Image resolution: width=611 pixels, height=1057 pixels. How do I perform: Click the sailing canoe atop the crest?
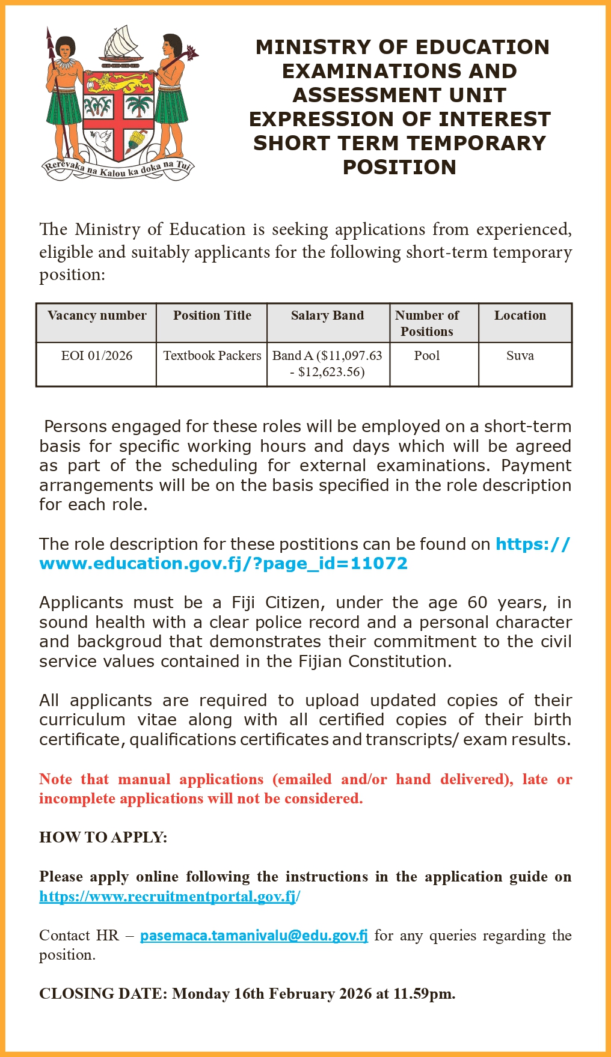pyautogui.click(x=122, y=45)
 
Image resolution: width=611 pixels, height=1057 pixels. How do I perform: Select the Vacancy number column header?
pyautogui.click(x=97, y=315)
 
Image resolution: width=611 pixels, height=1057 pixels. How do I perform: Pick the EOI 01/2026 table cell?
pyautogui.click(x=97, y=356)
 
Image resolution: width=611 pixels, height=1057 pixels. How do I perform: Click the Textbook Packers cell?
pyautogui.click(x=212, y=356)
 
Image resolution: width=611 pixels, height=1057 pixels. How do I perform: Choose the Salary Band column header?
pyautogui.click(x=327, y=315)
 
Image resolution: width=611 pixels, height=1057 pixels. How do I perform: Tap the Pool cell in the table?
pyautogui.click(x=427, y=356)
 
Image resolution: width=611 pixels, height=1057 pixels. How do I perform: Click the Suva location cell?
pyautogui.click(x=520, y=356)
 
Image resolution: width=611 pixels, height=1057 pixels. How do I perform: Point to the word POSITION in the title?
pyautogui.click(x=399, y=167)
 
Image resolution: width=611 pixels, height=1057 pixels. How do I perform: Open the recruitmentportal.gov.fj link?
pyautogui.click(x=169, y=897)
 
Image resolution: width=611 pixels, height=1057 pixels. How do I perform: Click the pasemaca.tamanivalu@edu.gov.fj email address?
pyautogui.click(x=254, y=936)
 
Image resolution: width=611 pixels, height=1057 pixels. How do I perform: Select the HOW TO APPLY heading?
pyautogui.click(x=103, y=837)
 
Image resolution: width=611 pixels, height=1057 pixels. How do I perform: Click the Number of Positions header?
pyautogui.click(x=427, y=323)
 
